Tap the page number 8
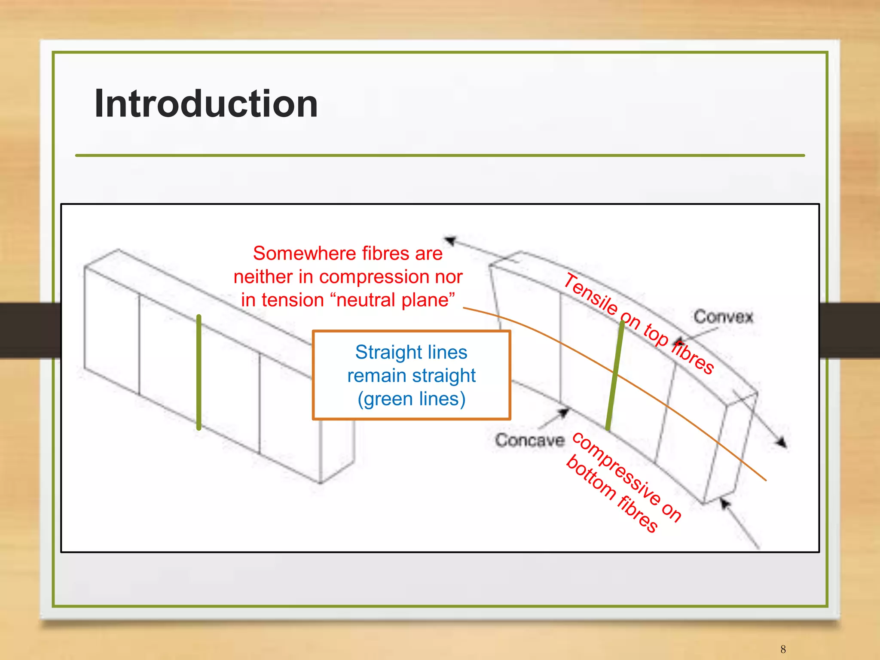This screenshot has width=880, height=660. point(783,649)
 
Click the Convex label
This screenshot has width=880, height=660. point(723,317)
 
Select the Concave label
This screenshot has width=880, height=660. point(529,440)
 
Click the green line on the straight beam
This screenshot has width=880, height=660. point(199,372)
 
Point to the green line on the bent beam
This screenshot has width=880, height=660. point(615,374)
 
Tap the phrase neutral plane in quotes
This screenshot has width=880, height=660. point(395,300)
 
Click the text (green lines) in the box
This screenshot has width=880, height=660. point(411,399)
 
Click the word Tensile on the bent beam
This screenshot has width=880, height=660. point(591,294)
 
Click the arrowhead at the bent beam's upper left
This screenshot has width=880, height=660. point(450,240)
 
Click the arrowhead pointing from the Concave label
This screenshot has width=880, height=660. point(563,413)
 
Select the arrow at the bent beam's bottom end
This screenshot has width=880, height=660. point(726,503)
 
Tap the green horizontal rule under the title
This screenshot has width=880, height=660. point(440,155)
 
